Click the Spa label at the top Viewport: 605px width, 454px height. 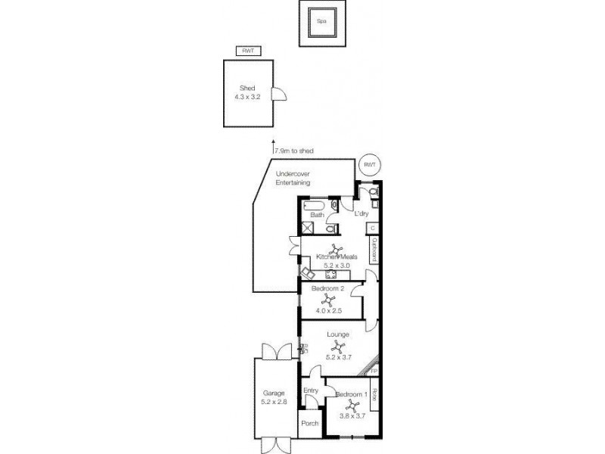321,23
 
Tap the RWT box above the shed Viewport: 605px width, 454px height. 247,51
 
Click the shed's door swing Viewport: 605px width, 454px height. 279,95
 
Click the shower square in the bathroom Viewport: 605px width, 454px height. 309,229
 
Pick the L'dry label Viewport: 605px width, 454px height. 361,215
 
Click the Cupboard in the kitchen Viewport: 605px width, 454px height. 374,249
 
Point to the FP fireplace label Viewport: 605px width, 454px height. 374,372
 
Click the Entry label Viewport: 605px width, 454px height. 310,390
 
